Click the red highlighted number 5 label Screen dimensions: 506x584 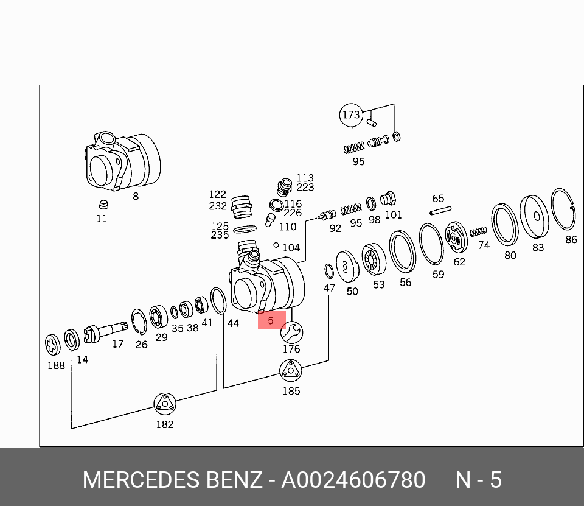[271, 319]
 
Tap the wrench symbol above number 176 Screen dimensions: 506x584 [291, 332]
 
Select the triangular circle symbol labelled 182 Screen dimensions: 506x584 [164, 404]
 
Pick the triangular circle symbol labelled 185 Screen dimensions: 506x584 [291, 370]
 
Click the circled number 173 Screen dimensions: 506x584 [350, 114]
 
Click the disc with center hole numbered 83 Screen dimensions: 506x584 [535, 217]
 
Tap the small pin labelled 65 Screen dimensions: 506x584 [440, 211]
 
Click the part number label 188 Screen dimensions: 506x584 [56, 365]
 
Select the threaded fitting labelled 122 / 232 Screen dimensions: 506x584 [242, 206]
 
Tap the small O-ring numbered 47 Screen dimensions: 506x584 [328, 270]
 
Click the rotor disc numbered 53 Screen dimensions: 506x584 [374, 261]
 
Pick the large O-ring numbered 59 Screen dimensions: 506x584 [431, 244]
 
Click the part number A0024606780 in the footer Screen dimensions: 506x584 [353, 480]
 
